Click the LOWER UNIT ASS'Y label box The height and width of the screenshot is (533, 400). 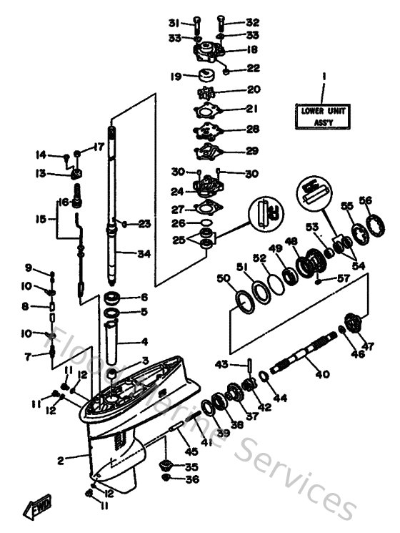pos(323,115)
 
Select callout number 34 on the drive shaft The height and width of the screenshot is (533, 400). pos(145,253)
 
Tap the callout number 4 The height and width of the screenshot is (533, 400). pos(144,341)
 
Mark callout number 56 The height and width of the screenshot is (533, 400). pos(366,201)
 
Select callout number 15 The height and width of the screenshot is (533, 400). pos(41,218)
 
